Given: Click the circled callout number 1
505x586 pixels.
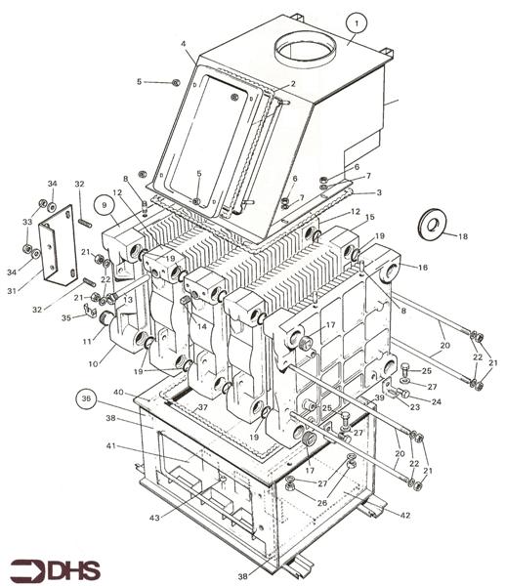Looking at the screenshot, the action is coord(357,23).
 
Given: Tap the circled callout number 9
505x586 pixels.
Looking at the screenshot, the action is coord(104,205).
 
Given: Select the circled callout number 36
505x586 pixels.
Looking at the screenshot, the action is coord(86,398).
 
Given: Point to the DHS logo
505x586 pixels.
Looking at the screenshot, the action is coord(56,570).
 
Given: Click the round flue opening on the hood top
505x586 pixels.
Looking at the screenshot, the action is coord(306,49).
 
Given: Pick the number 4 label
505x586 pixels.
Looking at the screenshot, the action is coord(184,44).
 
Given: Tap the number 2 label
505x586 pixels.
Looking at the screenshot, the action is coord(293,84).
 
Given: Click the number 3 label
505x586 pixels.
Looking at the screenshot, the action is coord(379,192).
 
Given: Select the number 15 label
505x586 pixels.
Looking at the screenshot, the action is coord(370,217).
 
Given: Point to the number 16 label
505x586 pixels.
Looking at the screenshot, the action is coord(423,268).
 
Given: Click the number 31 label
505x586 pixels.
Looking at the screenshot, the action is coord(13,290).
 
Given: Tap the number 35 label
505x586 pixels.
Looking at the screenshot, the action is coord(66,318).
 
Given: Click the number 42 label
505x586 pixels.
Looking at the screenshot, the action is coord(405,516).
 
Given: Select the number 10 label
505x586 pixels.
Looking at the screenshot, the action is coord(93,363).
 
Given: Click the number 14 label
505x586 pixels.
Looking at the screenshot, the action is coord(202,326).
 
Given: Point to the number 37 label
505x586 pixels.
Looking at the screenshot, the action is coord(202,407).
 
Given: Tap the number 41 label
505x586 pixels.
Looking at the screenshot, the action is coord(111,446).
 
